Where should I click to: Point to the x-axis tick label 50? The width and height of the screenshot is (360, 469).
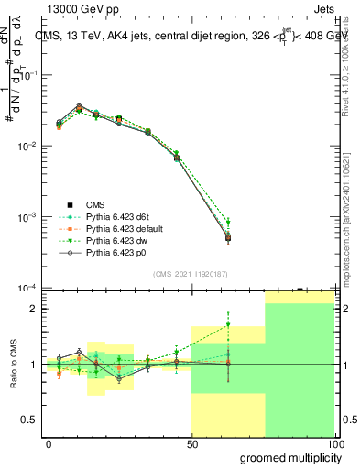pos(191,444)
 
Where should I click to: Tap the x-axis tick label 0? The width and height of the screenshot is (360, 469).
pos(49,444)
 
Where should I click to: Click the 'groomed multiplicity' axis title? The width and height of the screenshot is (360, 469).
pos(288,457)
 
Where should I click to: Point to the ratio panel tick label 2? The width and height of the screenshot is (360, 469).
pos(33,309)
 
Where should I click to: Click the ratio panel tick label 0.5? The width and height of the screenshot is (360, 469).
pos(28,420)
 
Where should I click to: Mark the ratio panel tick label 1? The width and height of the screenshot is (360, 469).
pos(33,365)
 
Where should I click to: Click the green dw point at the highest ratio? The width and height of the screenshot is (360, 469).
pos(228,324)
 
